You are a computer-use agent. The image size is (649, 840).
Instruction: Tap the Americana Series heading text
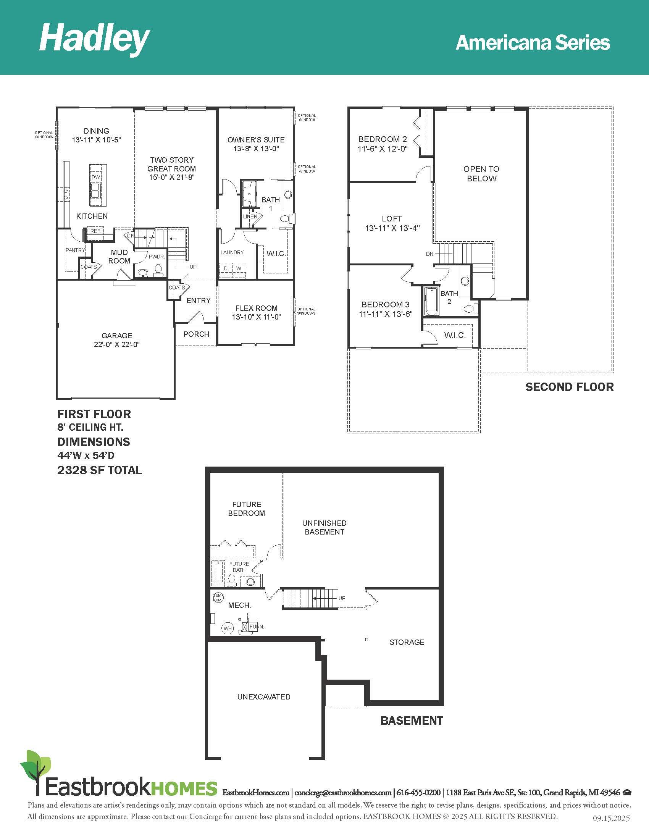tap(533, 43)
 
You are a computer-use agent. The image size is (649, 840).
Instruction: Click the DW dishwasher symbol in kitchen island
tap(96, 177)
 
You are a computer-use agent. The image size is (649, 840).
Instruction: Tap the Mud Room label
tap(119, 257)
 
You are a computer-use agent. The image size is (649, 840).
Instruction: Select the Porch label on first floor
tap(196, 334)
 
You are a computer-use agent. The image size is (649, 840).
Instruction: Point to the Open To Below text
tap(481, 173)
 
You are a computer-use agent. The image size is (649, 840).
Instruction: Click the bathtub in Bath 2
tap(431, 301)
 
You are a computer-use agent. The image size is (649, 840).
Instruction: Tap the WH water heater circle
tap(228, 628)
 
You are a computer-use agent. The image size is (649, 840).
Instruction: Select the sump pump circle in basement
tap(218, 597)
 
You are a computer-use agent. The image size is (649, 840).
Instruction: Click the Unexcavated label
tap(264, 696)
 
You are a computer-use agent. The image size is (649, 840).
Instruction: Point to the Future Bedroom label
tap(247, 509)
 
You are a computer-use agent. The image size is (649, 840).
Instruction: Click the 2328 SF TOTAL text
tap(100, 470)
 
